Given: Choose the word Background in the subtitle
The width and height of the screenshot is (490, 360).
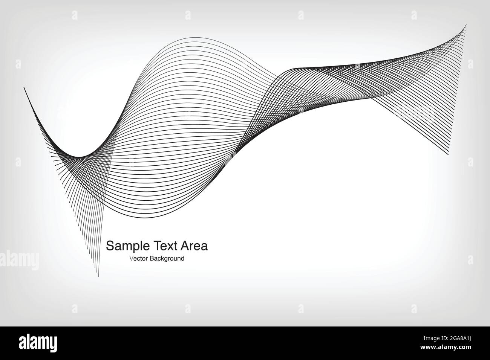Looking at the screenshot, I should pyautogui.click(x=167, y=259).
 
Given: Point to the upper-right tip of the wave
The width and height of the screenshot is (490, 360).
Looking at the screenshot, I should pyautogui.click(x=466, y=25).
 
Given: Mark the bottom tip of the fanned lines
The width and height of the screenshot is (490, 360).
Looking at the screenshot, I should pyautogui.click(x=98, y=277).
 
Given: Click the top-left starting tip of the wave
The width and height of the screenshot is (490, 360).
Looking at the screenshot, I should pyautogui.click(x=24, y=87).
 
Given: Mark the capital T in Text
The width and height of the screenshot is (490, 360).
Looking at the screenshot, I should pyautogui.click(x=158, y=246).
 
